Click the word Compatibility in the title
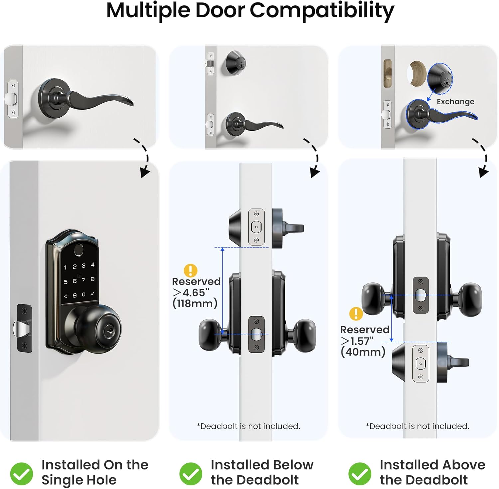[x=322, y=11]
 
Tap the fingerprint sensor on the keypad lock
[x=79, y=250]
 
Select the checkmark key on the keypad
[x=93, y=294]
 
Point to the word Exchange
[x=455, y=102]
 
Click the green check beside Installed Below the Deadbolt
[x=191, y=473]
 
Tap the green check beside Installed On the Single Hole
[x=22, y=473]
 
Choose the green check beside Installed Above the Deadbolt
[x=360, y=473]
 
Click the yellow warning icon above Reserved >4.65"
[x=190, y=270]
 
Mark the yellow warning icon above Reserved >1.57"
[x=356, y=314]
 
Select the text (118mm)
[x=195, y=304]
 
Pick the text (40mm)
[x=363, y=352]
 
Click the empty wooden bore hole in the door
[x=416, y=74]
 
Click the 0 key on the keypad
[x=83, y=295]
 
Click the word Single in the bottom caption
[x=60, y=480]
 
